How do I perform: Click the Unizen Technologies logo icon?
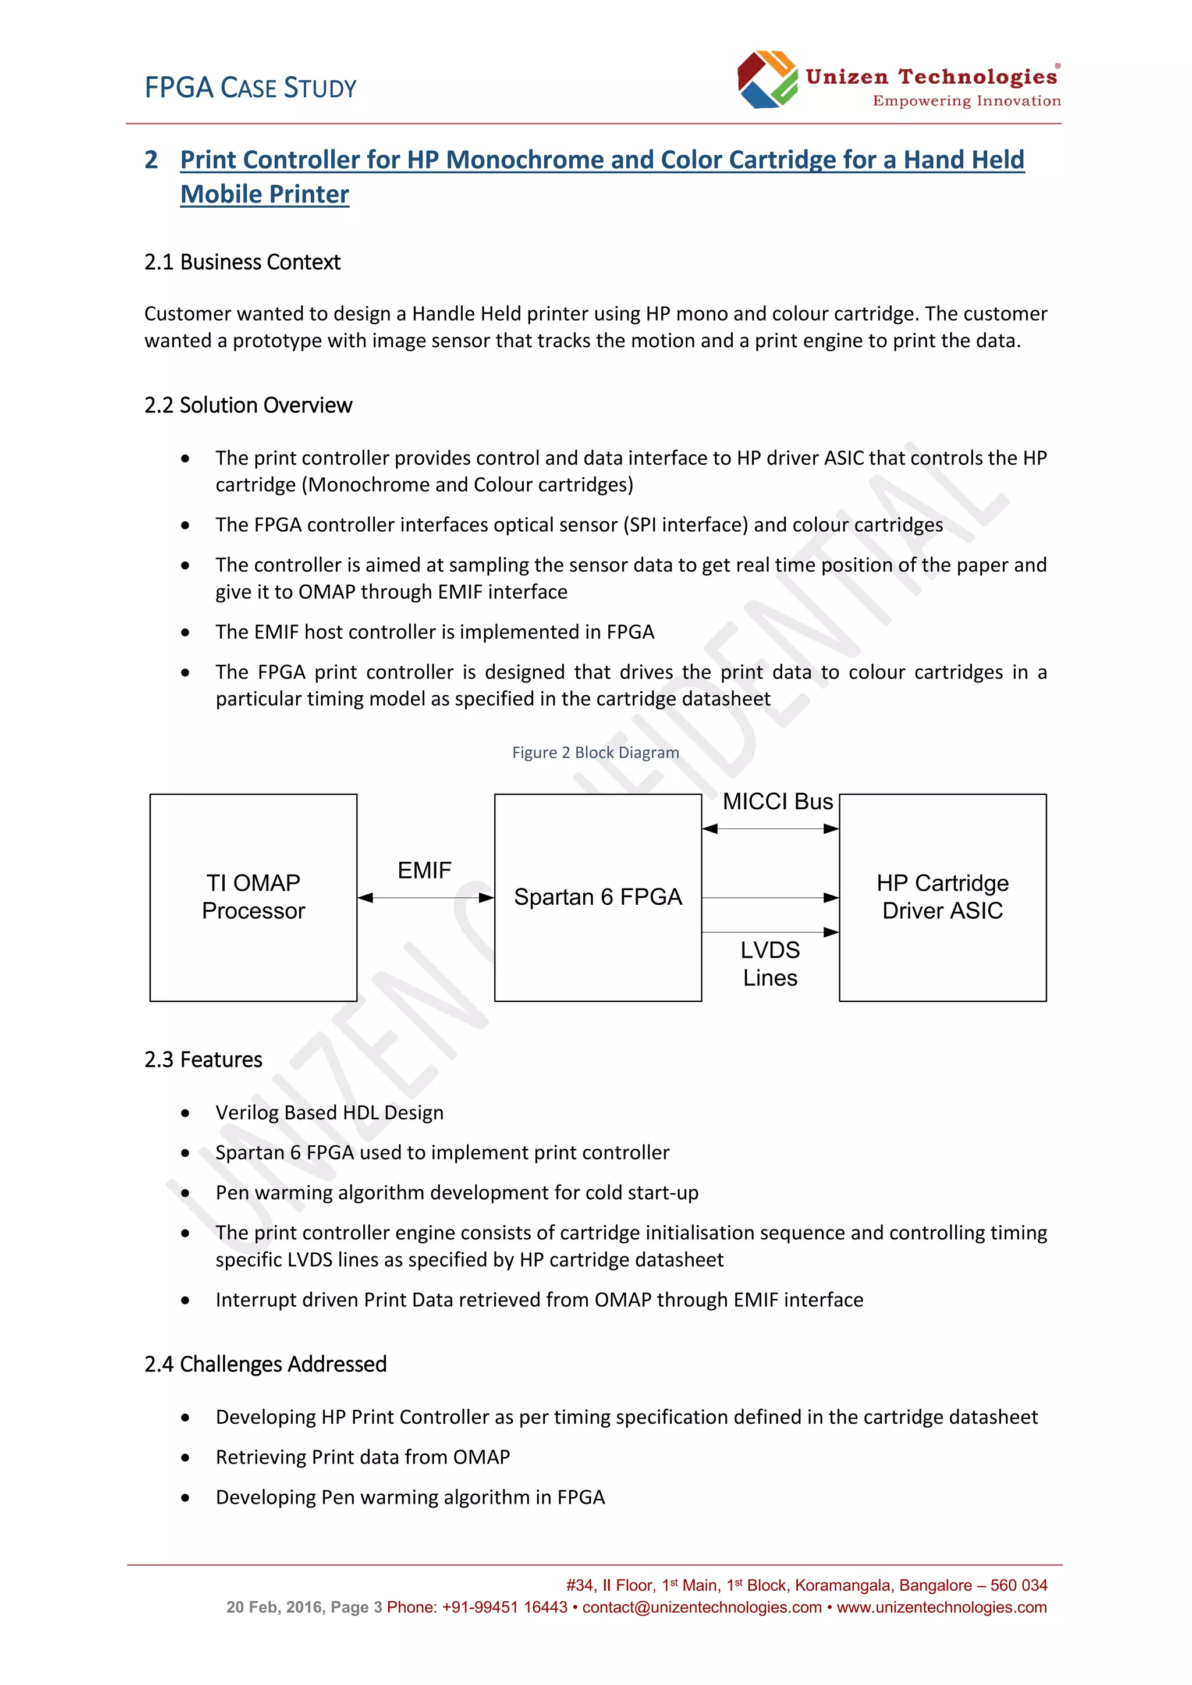[767, 79]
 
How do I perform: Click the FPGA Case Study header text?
[250, 88]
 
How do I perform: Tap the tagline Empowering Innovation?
[966, 101]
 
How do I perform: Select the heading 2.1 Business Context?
[242, 262]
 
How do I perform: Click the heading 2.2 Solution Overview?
[248, 405]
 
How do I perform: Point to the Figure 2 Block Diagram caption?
[595, 752]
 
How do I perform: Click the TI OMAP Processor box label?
[253, 896]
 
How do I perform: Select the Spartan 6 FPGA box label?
[598, 897]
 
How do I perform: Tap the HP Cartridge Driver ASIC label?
[942, 896]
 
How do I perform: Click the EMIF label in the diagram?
[424, 870]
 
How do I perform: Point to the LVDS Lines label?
[769, 964]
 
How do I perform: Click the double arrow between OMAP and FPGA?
[425, 898]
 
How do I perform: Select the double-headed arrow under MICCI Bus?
[770, 829]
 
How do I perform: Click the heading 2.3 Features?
[203, 1060]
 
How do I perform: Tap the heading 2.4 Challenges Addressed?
[265, 1364]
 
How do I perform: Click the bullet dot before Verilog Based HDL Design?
[186, 1113]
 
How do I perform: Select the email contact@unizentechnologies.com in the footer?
[702, 1607]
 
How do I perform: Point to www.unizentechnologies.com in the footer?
[942, 1607]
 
